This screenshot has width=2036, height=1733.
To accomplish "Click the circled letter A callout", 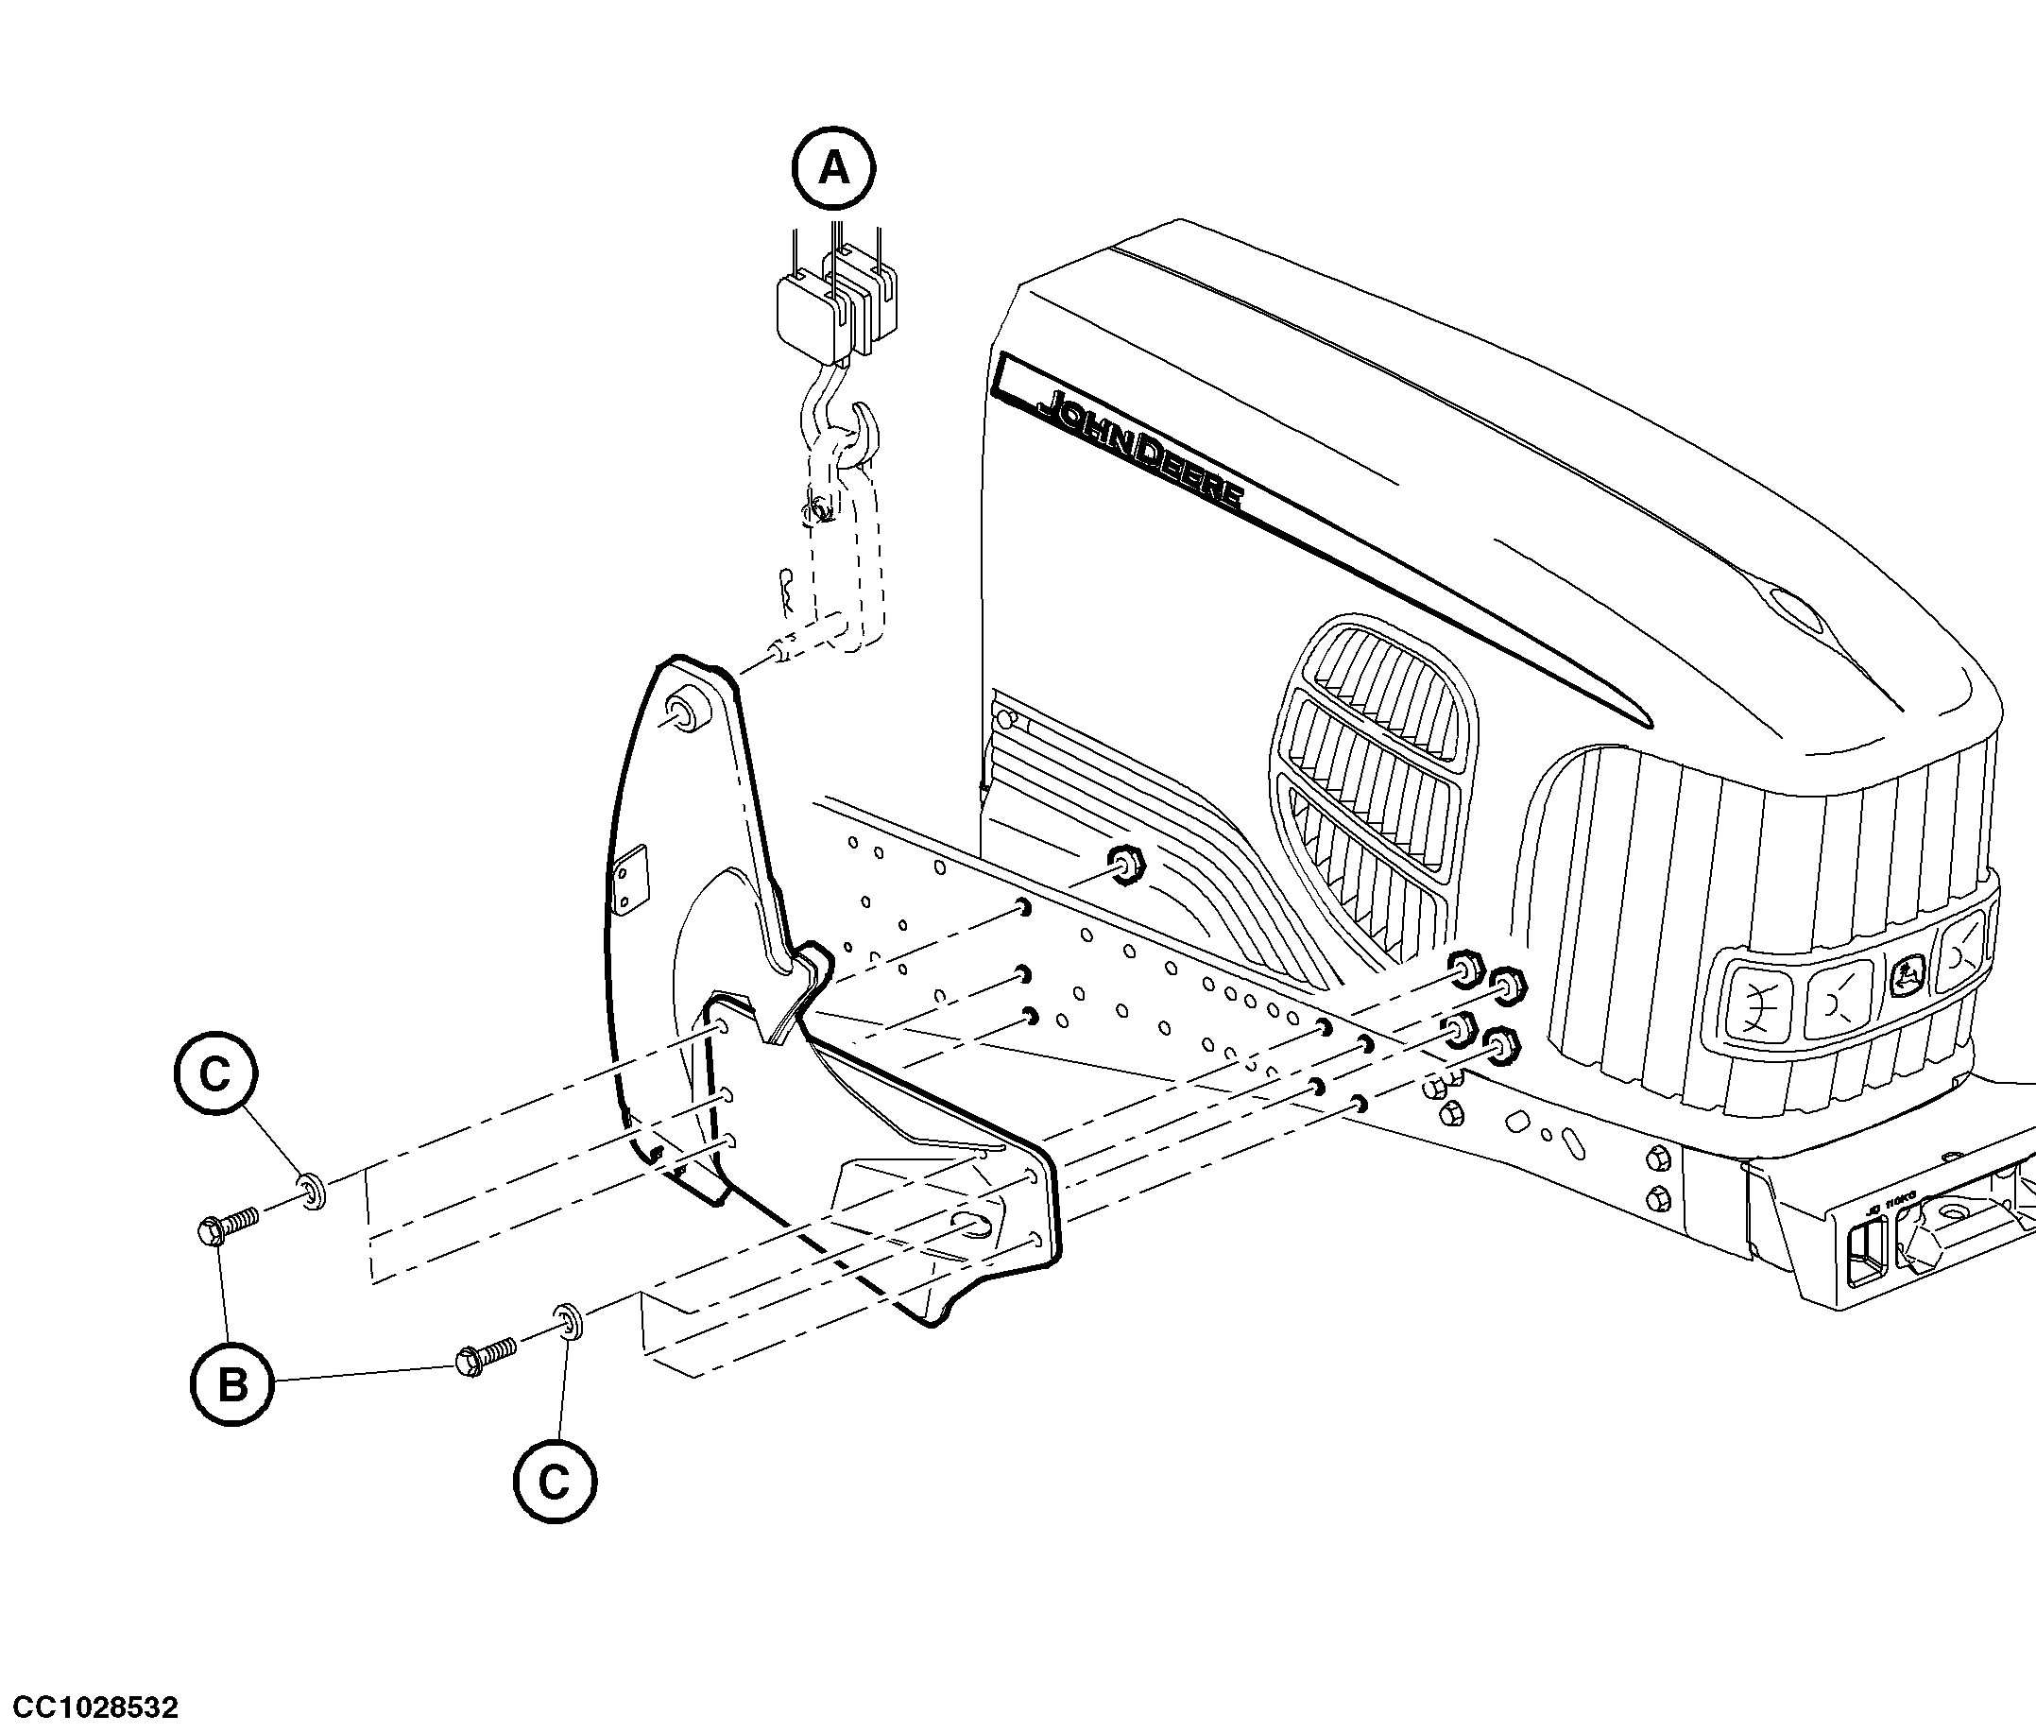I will tap(834, 168).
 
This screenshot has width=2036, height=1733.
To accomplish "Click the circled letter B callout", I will tap(231, 1385).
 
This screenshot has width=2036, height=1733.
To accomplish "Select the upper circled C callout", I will tap(215, 1074).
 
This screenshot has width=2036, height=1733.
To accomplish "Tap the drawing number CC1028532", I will tap(91, 1707).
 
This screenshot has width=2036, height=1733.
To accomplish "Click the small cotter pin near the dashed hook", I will tap(787, 589).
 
